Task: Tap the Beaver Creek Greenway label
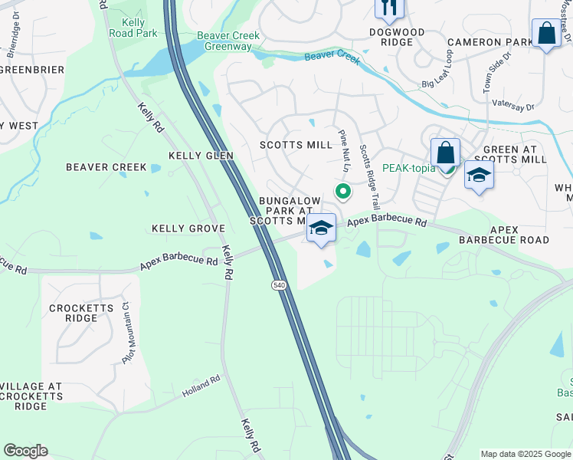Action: tap(224, 41)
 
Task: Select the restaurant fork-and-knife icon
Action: tap(388, 8)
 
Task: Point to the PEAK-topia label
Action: tap(408, 168)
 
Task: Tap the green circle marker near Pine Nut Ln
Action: tap(342, 191)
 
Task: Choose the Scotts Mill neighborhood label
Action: tap(296, 145)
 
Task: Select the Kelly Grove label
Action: tap(188, 228)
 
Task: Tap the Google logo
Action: tap(25, 451)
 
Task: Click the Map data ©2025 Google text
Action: tap(525, 454)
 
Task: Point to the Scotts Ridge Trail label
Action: tap(370, 178)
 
